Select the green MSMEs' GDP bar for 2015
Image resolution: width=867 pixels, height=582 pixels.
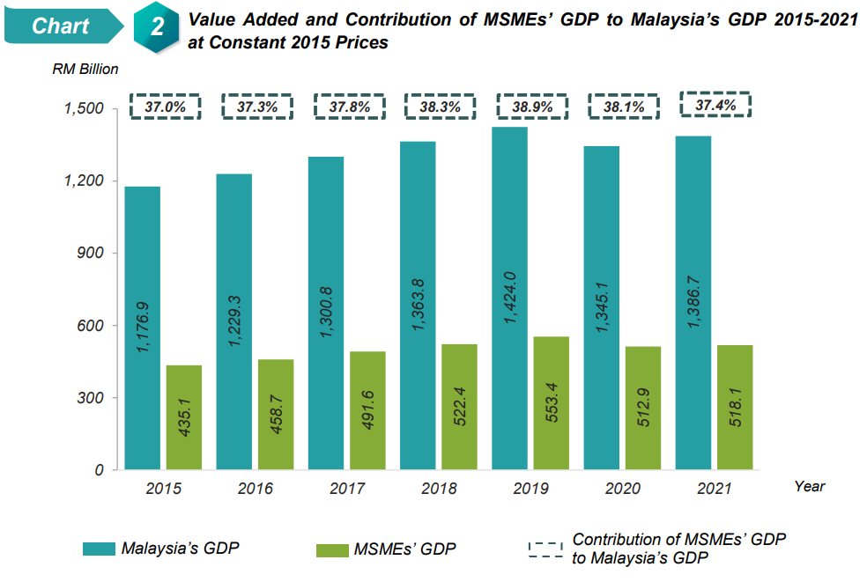(x=183, y=417)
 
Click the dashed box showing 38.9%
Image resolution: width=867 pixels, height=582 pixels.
(x=533, y=107)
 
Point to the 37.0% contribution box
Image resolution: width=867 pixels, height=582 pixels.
(x=165, y=107)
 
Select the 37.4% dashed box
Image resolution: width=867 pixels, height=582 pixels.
(x=715, y=106)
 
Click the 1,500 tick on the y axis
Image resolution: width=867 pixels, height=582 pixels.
(x=85, y=108)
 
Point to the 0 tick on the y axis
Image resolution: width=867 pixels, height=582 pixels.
(x=100, y=470)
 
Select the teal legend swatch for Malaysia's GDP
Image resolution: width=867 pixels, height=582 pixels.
(x=99, y=549)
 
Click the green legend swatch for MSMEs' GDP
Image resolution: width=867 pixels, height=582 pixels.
(x=331, y=549)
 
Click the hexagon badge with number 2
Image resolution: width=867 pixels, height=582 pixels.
(x=157, y=27)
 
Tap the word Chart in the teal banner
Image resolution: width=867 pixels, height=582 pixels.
(x=60, y=26)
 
